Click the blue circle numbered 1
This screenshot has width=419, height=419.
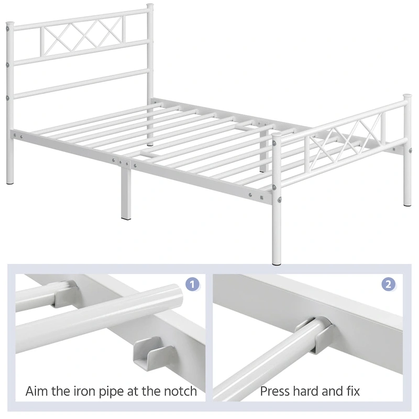click(x=193, y=285)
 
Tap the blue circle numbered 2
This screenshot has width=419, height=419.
click(x=388, y=285)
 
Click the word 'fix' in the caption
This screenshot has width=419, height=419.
click(x=352, y=391)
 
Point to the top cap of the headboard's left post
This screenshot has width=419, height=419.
click(x=9, y=24)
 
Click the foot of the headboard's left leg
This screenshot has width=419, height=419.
click(x=10, y=182)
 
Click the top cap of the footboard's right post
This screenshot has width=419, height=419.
click(x=407, y=97)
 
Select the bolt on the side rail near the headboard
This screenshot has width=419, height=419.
click(x=21, y=136)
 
